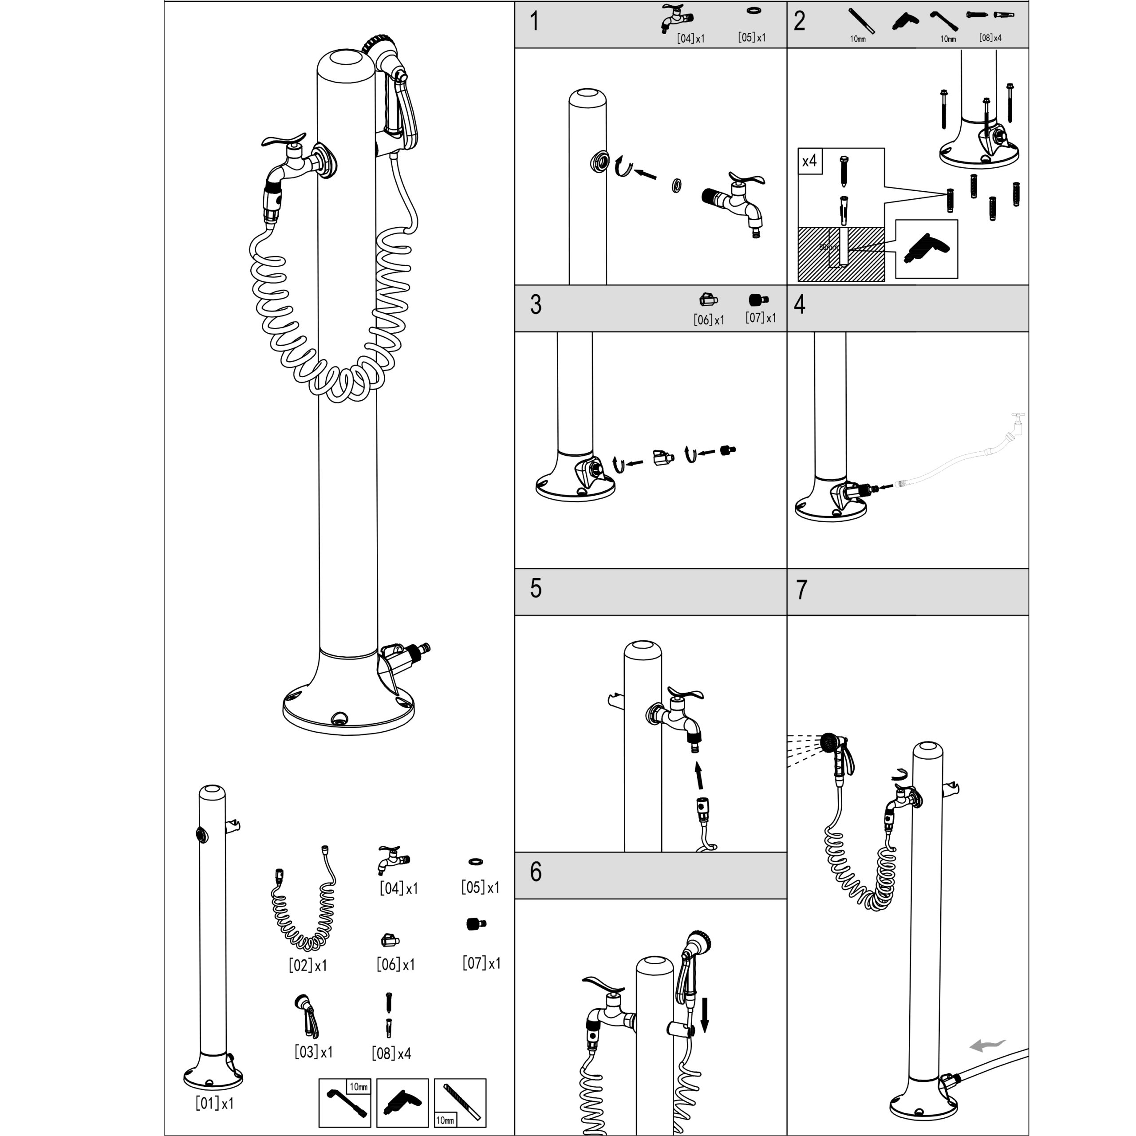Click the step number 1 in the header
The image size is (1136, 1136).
pos(534,22)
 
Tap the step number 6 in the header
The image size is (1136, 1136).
pos(535,872)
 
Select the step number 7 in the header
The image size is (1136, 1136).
pos(801,590)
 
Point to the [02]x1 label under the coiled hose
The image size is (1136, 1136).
pos(308,966)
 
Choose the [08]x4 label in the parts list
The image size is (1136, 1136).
pos(391,1053)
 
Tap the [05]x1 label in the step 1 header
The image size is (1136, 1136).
pos(751,38)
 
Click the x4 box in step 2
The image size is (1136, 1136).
pos(810,161)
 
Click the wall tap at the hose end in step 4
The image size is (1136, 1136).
pos(1017,422)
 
